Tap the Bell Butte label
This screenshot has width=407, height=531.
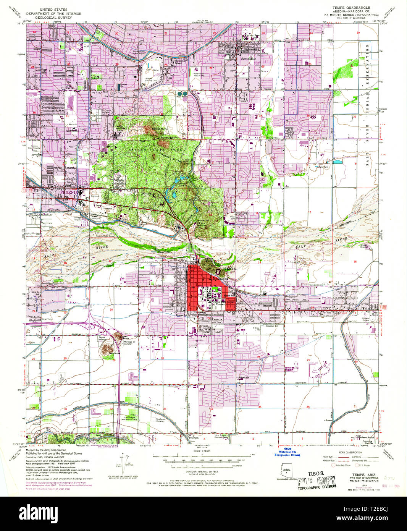(x=126, y=338)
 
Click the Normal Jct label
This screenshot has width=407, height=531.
(x=272, y=326)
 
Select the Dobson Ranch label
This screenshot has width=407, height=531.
(x=366, y=437)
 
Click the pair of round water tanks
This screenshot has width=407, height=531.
(x=182, y=93)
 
